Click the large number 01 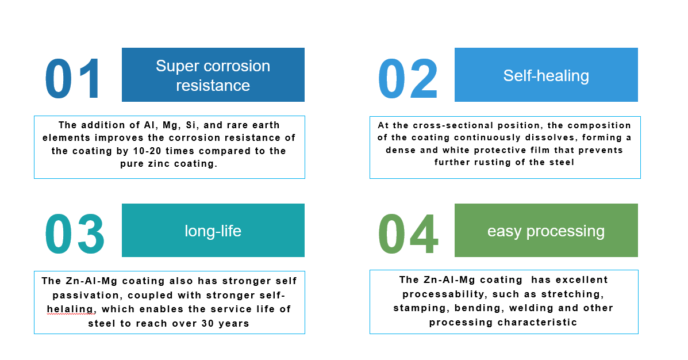[73, 79]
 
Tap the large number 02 [408, 79]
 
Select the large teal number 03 [75, 234]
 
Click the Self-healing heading [546, 75]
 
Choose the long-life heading [213, 231]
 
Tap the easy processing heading [546, 231]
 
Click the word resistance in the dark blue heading [213, 85]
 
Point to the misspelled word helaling [71, 309]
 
